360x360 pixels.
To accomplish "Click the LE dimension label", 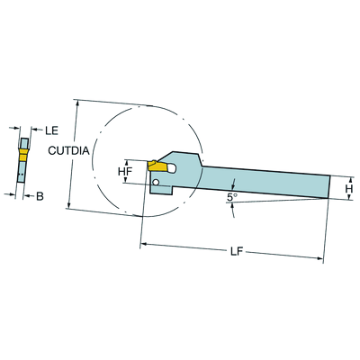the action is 51,130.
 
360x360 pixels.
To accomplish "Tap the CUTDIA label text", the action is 68,150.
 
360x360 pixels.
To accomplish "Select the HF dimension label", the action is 125,172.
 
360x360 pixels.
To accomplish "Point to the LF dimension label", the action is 237,252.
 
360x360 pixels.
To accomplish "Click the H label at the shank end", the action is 349,189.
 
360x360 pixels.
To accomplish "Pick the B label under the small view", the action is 40,197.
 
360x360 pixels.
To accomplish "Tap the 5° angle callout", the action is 232,197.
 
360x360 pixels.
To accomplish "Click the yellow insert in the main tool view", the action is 157,166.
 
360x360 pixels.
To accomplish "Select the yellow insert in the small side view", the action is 22,154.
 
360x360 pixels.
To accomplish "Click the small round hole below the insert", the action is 156,182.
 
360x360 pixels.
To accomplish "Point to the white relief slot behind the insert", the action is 171,168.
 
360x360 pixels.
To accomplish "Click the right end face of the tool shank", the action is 329,186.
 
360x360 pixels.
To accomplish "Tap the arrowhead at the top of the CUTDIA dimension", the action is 78,103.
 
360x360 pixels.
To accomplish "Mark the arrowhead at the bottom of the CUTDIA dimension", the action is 69,205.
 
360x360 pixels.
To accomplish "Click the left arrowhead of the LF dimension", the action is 143,244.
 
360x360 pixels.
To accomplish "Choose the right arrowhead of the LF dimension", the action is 320,258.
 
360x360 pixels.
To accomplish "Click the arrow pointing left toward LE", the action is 34,130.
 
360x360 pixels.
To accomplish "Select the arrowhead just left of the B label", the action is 26,196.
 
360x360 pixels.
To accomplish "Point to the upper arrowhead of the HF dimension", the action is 126,163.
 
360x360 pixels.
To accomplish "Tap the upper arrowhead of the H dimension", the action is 349,180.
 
